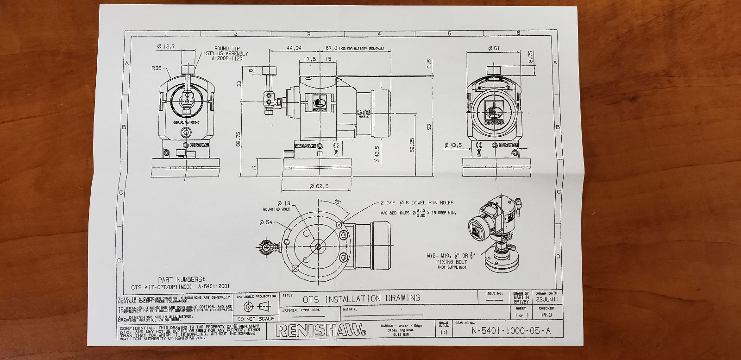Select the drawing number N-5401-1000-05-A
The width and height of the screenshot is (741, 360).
(x=511, y=330)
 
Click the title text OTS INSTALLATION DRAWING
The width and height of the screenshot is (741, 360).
(x=361, y=298)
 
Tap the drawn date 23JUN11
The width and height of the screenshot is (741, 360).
(x=548, y=299)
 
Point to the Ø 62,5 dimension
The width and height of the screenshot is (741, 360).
(x=319, y=186)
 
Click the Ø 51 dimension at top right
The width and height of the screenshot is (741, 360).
(x=494, y=48)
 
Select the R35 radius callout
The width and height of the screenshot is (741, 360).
(x=157, y=68)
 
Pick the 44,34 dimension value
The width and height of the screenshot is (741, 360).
(x=294, y=48)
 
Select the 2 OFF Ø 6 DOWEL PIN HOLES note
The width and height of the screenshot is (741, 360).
(x=417, y=202)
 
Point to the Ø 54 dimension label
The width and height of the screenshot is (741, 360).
(x=266, y=222)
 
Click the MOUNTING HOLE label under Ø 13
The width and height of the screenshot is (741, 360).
(x=276, y=209)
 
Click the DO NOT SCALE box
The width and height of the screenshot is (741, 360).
(x=256, y=319)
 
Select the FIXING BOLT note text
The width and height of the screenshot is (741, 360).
(x=451, y=262)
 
